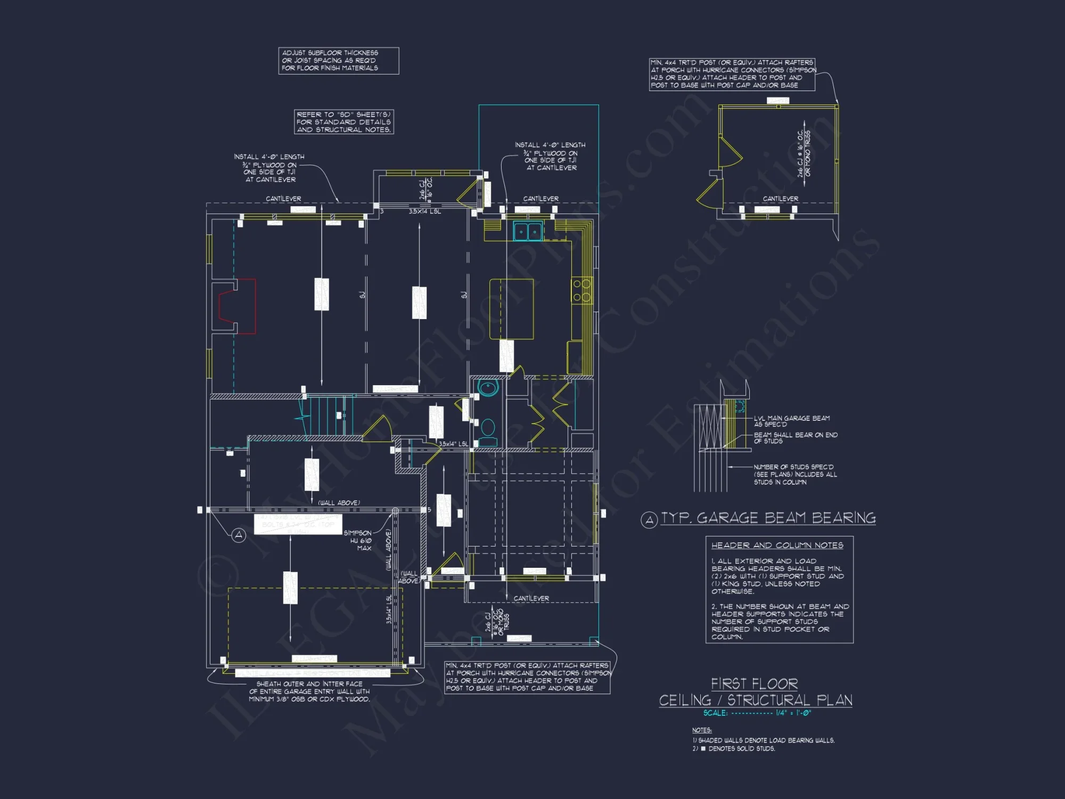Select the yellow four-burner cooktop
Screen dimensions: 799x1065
click(581, 291)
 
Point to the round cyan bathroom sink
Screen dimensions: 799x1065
click(488, 387)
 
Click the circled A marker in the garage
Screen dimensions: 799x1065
click(239, 535)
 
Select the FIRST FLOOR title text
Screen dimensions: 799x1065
click(754, 683)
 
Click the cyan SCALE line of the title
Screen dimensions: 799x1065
click(757, 713)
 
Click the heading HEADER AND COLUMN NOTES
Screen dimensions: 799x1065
click(777, 545)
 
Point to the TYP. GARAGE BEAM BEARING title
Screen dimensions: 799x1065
click(767, 518)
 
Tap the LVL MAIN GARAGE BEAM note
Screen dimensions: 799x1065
click(791, 421)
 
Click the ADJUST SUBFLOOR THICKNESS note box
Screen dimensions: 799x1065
click(338, 61)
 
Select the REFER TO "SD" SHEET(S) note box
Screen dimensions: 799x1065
click(343, 122)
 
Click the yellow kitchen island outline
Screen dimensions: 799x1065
click(511, 309)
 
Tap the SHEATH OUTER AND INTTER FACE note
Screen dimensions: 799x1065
click(309, 691)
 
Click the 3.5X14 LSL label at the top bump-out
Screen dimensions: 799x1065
click(424, 211)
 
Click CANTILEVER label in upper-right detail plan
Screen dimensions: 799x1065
click(780, 199)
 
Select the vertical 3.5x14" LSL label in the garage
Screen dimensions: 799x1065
click(389, 609)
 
